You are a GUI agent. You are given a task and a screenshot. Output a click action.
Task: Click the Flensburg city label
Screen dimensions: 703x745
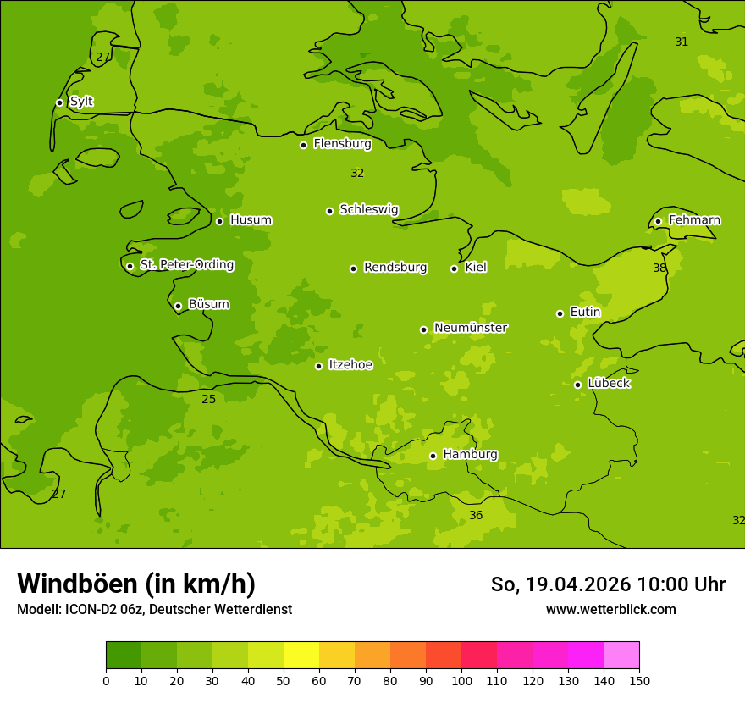click(x=342, y=144)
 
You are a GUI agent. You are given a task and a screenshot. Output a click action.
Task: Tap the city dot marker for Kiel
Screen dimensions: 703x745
click(x=454, y=268)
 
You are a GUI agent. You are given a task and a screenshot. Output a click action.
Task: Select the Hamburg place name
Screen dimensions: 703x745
click(x=470, y=455)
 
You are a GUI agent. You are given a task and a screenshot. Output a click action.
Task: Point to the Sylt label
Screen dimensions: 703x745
click(x=81, y=102)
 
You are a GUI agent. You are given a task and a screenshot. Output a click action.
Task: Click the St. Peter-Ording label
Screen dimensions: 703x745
click(x=186, y=265)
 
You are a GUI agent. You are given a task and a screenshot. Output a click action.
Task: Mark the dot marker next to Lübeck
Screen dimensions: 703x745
click(x=577, y=385)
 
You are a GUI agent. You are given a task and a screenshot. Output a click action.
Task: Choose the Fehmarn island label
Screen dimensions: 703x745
click(x=694, y=220)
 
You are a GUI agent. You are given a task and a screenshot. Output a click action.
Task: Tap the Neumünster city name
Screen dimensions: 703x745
click(x=470, y=328)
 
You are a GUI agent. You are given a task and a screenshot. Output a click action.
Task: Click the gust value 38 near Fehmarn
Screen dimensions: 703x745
click(x=659, y=268)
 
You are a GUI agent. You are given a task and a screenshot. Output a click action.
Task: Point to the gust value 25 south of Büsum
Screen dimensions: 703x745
click(x=208, y=399)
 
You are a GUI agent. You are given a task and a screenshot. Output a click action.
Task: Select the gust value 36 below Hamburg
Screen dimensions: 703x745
click(x=476, y=516)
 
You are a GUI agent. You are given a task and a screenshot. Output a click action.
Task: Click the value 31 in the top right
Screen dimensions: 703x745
click(x=682, y=42)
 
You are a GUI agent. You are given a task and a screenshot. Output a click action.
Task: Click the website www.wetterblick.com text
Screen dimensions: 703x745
click(x=610, y=610)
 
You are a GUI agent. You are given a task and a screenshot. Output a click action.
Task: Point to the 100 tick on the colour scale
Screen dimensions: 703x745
click(x=461, y=681)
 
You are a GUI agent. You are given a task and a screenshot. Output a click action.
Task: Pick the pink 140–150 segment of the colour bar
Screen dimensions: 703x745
click(x=621, y=656)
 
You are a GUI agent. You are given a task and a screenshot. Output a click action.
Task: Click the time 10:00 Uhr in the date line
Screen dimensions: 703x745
click(x=681, y=584)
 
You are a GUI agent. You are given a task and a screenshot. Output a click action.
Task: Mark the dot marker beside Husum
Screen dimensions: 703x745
click(x=219, y=221)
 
